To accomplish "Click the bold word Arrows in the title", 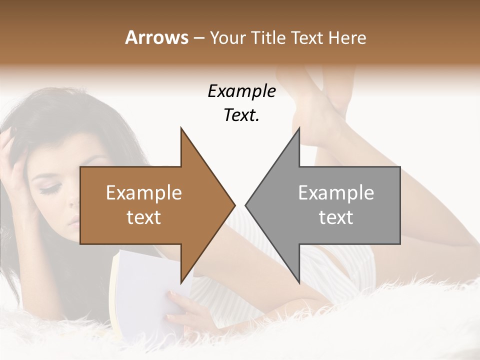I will click(156, 38).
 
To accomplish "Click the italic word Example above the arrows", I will click(241, 91).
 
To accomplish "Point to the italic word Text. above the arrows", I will click(241, 115).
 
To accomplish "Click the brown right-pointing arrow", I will click(150, 205).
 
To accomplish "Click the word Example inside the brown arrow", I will click(143, 193).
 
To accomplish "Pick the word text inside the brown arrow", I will click(143, 217).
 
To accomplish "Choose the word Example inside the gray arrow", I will click(336, 193).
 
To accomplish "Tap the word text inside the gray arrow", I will click(336, 217).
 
